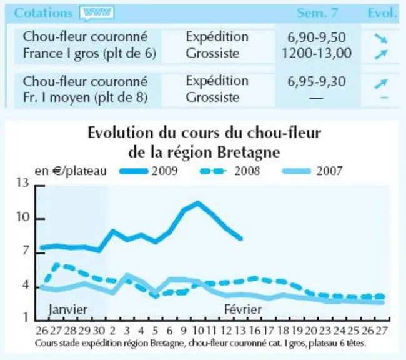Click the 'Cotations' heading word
click(x=43, y=13)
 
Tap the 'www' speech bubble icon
click(x=97, y=13)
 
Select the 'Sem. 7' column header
click(x=317, y=13)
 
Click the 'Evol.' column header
click(x=382, y=13)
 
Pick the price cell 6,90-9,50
click(x=317, y=37)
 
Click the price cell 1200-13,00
click(x=317, y=53)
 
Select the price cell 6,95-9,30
click(x=317, y=81)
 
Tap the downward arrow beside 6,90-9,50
click(x=381, y=38)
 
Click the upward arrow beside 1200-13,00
click(x=381, y=54)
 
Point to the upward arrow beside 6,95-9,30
click(x=381, y=84)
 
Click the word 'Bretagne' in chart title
click(x=249, y=152)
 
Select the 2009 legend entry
click(x=149, y=171)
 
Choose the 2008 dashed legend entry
click(x=230, y=171)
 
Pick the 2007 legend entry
click(x=312, y=171)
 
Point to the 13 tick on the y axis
click(x=22, y=183)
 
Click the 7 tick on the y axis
click(x=25, y=251)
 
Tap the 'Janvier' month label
click(x=68, y=310)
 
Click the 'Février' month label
click(x=243, y=309)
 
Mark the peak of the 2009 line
click(x=198, y=202)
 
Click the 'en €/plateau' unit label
click(x=71, y=171)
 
